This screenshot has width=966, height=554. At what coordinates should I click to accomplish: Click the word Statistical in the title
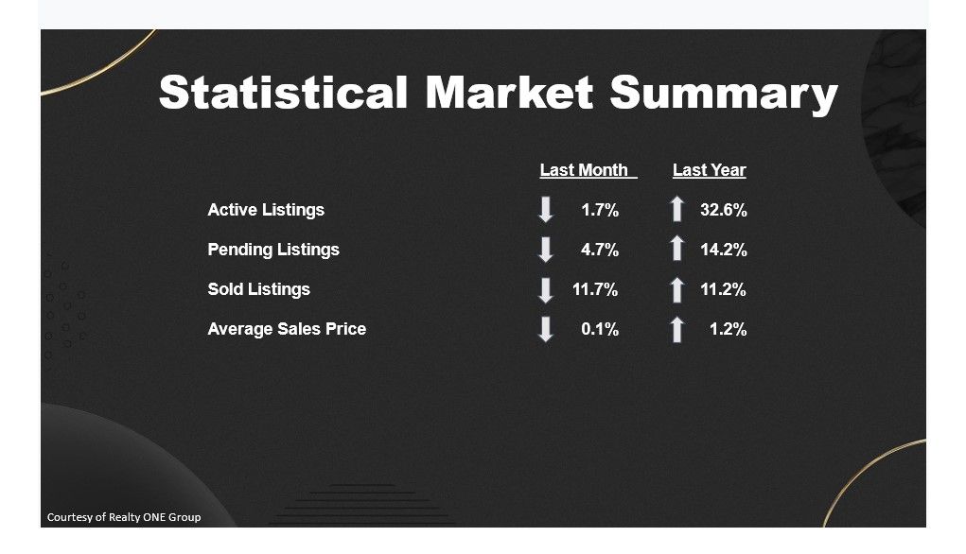click(x=283, y=93)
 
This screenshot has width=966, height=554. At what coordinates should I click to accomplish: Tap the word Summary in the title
click(x=724, y=95)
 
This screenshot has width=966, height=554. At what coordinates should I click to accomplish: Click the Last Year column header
click(x=709, y=170)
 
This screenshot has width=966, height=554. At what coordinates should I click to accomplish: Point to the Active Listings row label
click(x=266, y=211)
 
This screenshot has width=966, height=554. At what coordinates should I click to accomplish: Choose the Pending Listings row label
click(x=273, y=250)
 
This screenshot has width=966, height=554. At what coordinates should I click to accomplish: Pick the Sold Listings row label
click(x=258, y=290)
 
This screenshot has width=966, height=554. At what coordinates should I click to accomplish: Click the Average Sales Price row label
click(x=287, y=329)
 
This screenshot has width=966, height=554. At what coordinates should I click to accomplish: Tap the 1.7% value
click(x=600, y=211)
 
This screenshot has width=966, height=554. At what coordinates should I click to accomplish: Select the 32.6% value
click(x=723, y=211)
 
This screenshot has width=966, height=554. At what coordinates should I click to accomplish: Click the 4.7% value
click(x=600, y=250)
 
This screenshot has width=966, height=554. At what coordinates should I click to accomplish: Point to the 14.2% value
click(x=723, y=250)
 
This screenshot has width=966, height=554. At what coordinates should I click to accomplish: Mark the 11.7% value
click(x=595, y=289)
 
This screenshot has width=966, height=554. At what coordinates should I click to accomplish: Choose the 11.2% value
click(x=723, y=289)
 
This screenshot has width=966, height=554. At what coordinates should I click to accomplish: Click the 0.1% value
click(x=600, y=329)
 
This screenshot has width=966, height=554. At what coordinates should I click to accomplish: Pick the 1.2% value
click(x=729, y=329)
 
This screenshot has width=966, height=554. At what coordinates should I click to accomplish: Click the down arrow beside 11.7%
click(x=546, y=290)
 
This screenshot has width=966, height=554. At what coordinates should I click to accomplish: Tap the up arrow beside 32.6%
click(x=677, y=209)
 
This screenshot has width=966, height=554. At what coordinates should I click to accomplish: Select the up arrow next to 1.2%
click(x=677, y=329)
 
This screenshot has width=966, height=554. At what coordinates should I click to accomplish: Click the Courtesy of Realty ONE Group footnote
click(x=124, y=517)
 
